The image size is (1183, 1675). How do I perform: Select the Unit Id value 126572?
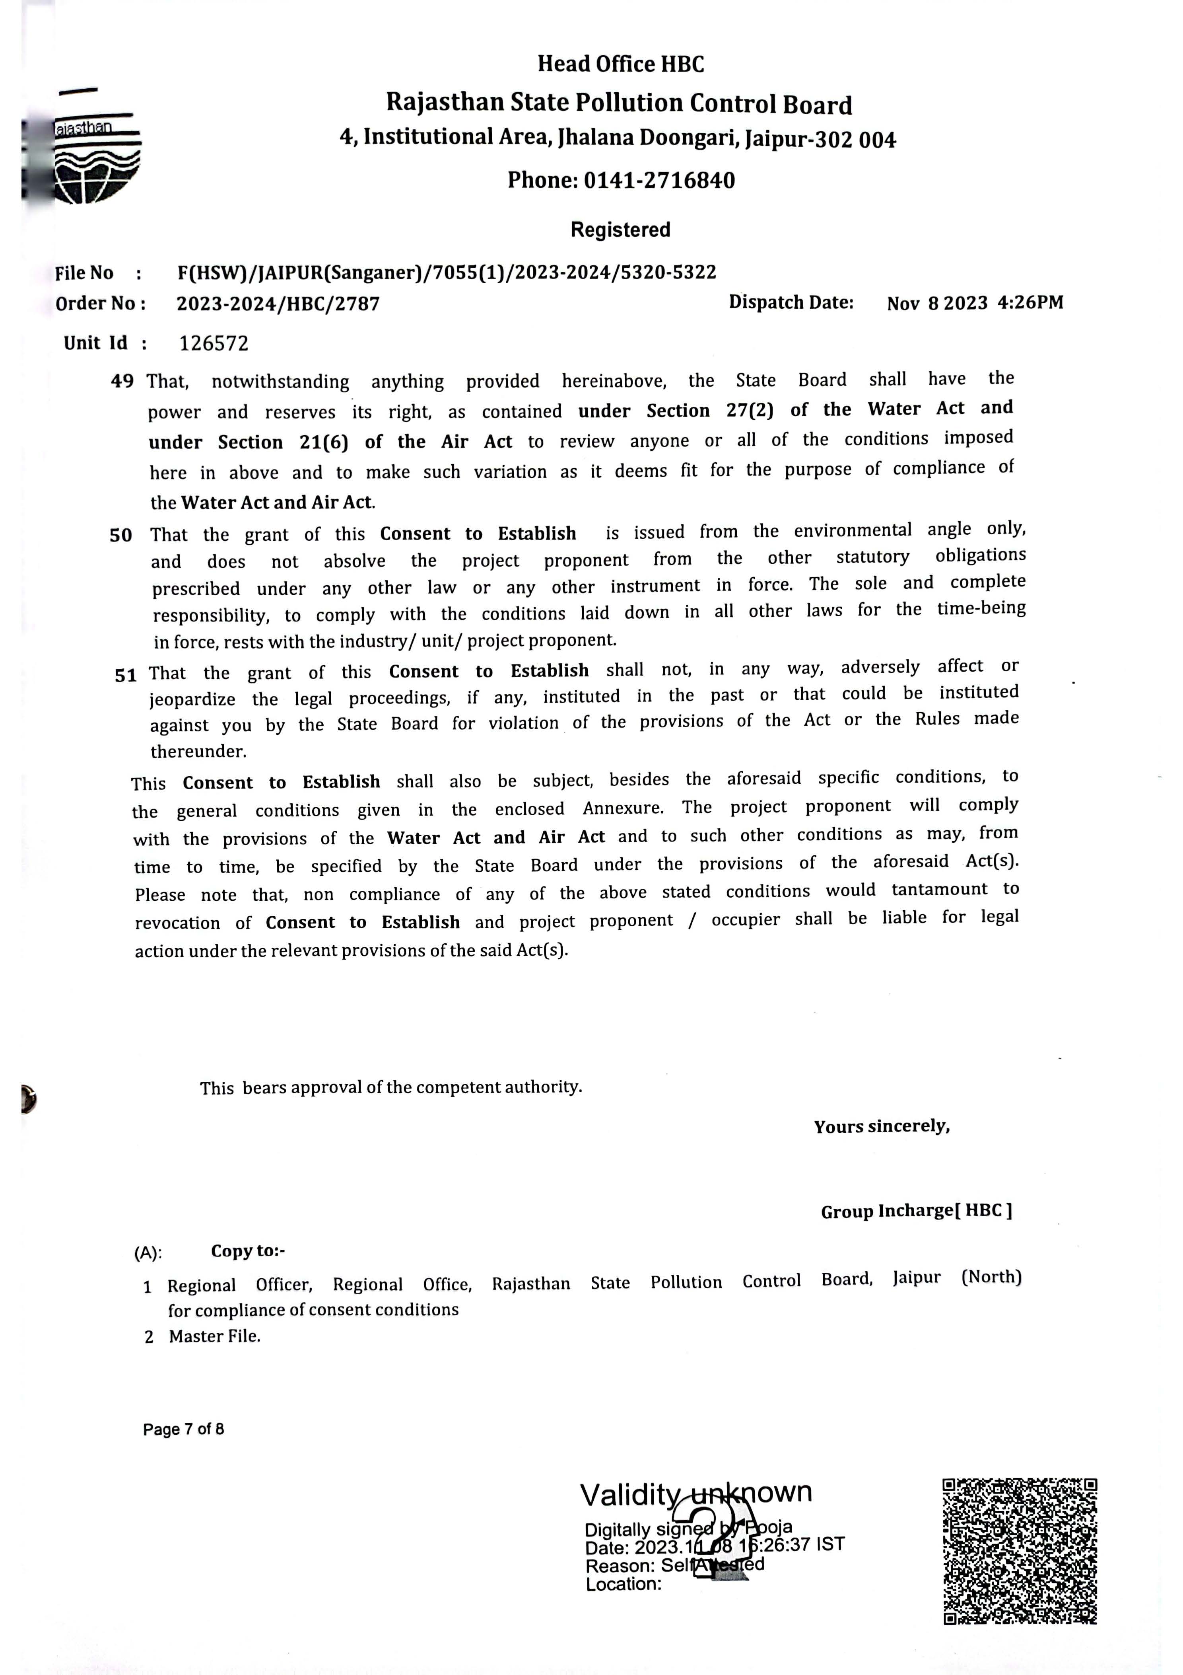(x=214, y=344)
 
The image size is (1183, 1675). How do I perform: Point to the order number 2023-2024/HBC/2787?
(x=278, y=304)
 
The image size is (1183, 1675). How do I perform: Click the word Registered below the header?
(x=620, y=230)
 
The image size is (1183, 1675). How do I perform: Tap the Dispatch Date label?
(x=791, y=302)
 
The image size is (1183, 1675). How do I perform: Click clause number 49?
(x=122, y=382)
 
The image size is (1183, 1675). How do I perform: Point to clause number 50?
(x=121, y=536)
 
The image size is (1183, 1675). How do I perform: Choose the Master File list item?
(x=214, y=1336)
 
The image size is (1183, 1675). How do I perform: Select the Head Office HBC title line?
(x=621, y=64)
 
